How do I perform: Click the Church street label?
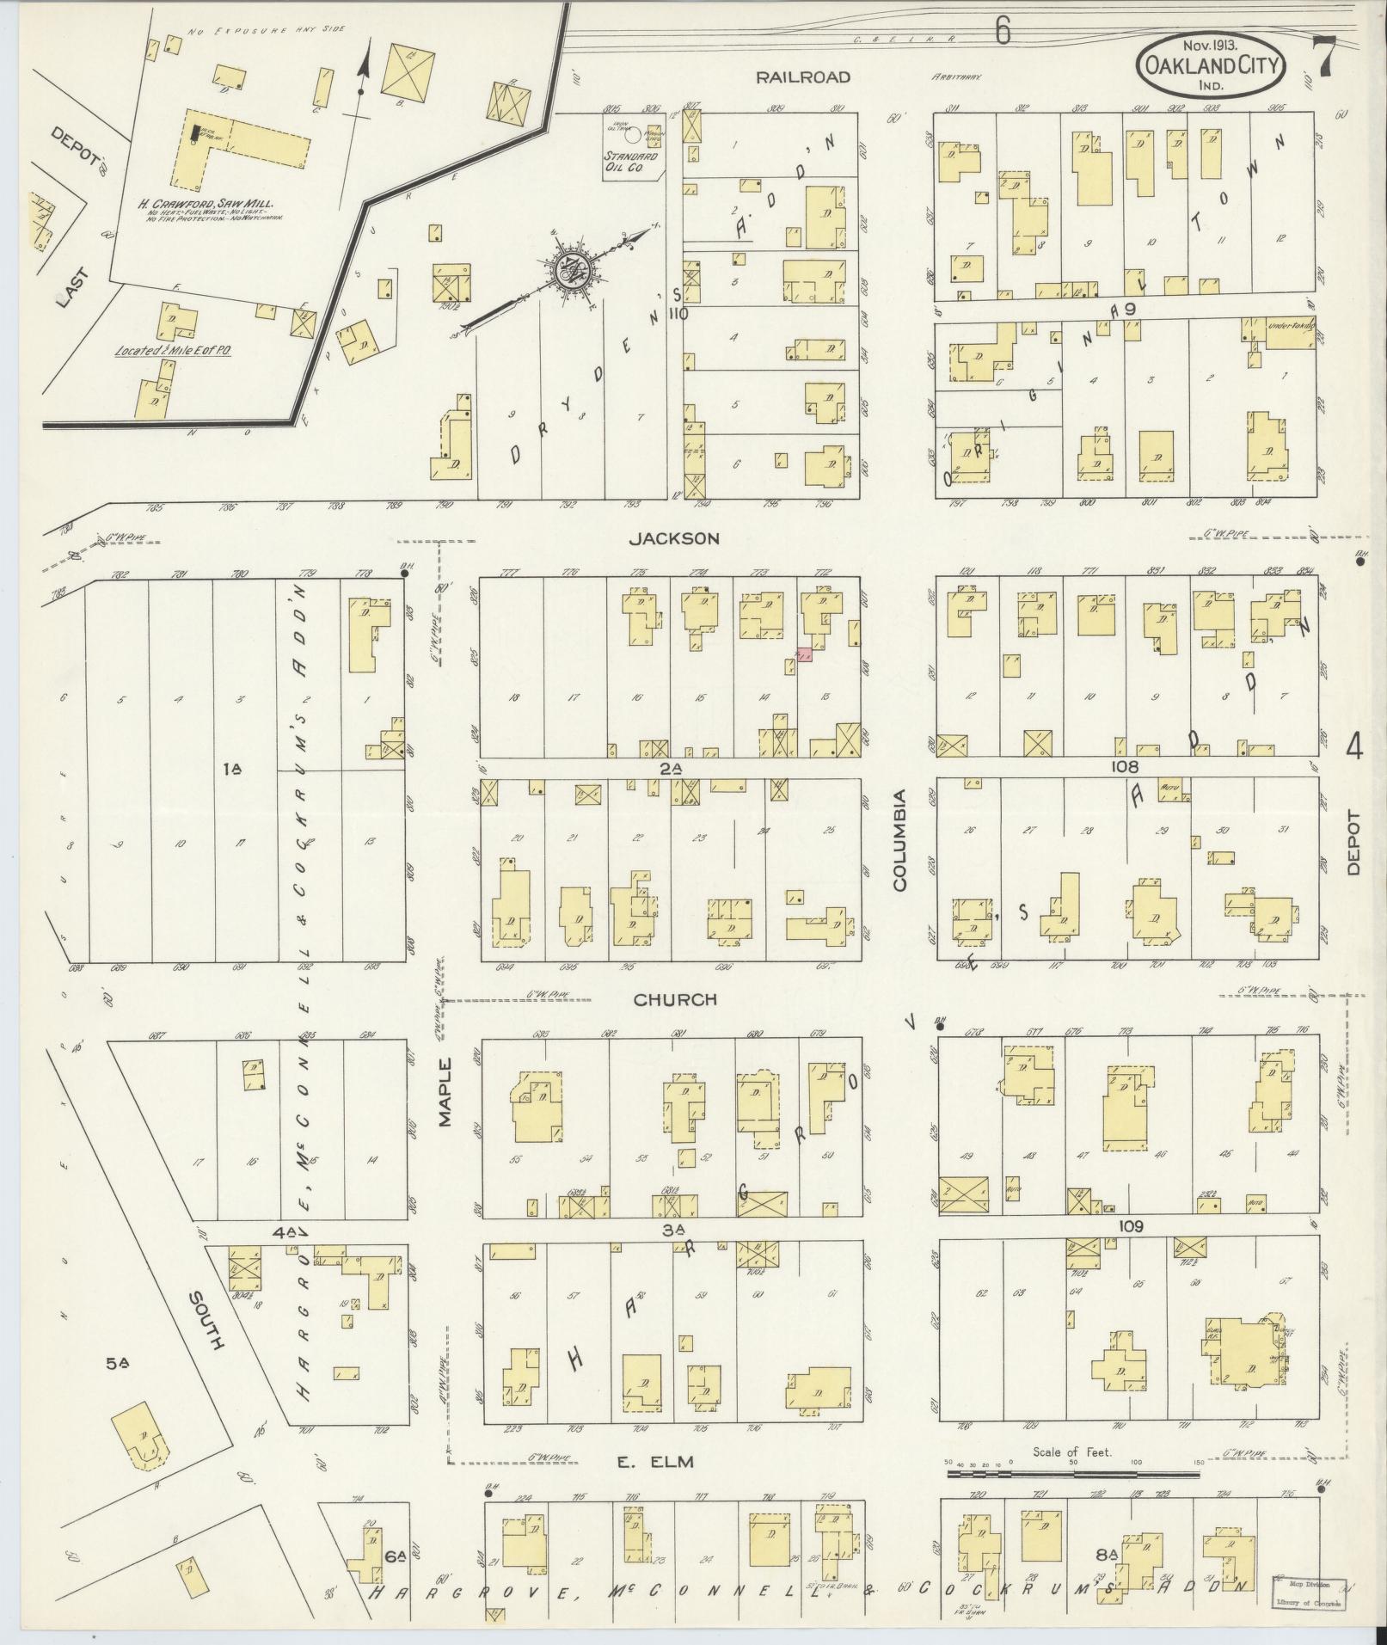pos(675,1000)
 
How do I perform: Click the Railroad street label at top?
pos(802,77)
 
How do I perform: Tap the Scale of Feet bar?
pos(1072,1474)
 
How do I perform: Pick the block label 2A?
pos(672,770)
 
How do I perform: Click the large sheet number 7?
pos(1324,58)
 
